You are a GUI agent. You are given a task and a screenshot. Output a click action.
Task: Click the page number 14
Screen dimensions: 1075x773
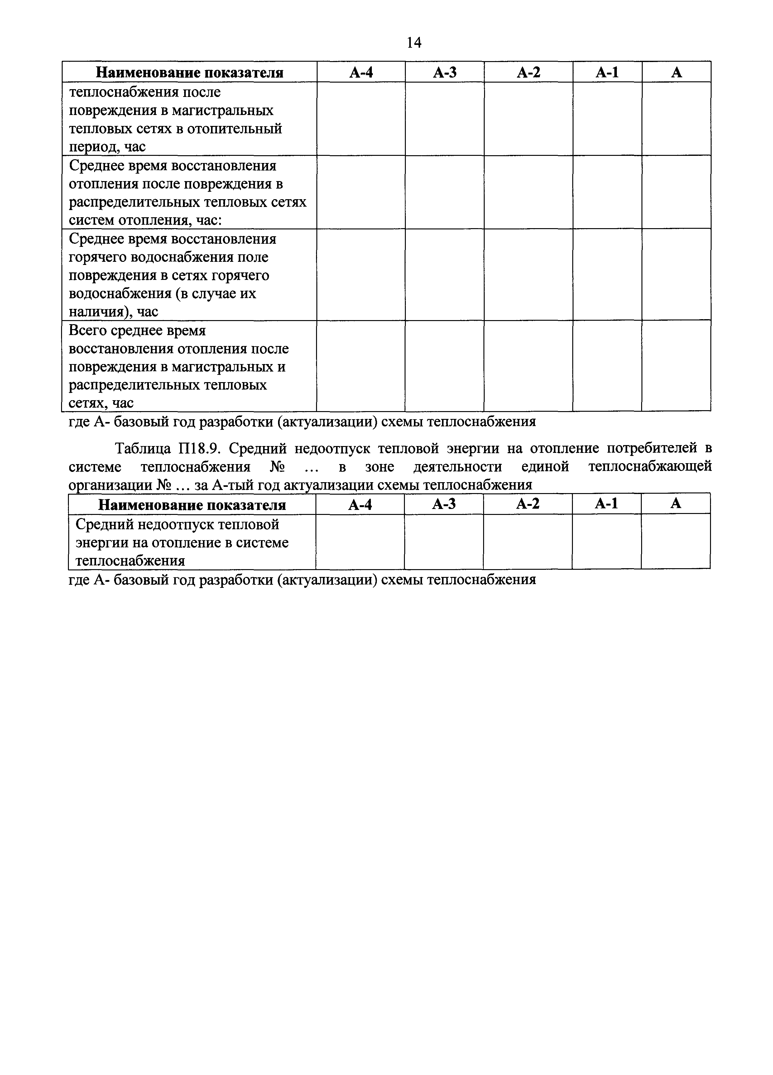coord(414,43)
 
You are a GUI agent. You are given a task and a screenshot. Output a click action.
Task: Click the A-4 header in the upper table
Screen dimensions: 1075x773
coord(361,72)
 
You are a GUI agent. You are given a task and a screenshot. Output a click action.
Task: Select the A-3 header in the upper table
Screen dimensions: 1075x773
coord(444,72)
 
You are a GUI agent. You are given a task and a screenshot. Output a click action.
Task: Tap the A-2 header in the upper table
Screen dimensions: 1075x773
coord(528,72)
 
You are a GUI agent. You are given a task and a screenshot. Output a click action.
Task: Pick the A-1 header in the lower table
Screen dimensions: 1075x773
coord(606,503)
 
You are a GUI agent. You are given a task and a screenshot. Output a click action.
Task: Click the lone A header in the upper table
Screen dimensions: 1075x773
coord(676,72)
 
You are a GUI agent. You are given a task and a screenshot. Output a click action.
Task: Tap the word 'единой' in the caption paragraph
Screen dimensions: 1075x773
coord(545,467)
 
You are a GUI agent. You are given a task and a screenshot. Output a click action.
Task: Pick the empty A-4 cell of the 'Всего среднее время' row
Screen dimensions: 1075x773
coord(361,366)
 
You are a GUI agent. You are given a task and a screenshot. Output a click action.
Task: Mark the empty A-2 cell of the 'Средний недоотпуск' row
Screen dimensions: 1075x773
coord(527,541)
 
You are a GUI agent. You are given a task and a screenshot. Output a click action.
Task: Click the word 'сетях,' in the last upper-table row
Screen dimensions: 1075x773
coord(85,403)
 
